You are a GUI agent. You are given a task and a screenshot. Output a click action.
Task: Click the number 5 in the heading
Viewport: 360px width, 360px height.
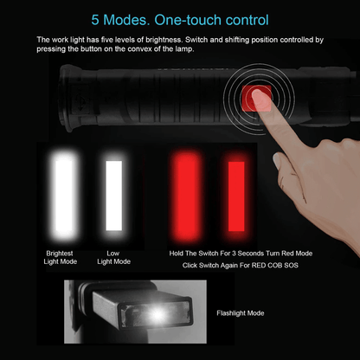coord(95,20)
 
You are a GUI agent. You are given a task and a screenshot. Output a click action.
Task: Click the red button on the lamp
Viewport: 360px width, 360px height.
coord(256,98)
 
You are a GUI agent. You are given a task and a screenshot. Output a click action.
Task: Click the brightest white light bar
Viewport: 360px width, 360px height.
coord(64,196)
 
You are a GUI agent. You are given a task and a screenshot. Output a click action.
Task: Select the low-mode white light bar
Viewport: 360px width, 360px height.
coord(114,196)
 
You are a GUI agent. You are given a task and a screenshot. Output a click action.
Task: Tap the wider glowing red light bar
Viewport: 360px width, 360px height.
coord(186,196)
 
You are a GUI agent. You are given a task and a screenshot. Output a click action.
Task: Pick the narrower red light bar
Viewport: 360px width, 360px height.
coord(236,196)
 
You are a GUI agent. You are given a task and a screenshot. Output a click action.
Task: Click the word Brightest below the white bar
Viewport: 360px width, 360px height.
coord(60,254)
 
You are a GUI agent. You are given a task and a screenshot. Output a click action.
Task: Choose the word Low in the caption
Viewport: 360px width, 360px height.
coord(113,254)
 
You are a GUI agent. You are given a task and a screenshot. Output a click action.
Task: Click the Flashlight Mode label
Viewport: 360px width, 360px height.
coord(241,313)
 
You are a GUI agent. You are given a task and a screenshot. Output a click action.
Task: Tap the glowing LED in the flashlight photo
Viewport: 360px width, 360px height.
coord(157,315)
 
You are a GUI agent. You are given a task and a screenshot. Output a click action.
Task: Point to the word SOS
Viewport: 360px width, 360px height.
coord(291,266)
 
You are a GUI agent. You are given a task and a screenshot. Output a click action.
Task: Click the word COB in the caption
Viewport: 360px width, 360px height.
coord(275,266)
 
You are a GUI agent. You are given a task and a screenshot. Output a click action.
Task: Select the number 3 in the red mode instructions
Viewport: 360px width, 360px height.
coord(234,254)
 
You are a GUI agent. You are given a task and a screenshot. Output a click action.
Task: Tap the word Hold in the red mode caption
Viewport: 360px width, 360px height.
coord(177,254)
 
